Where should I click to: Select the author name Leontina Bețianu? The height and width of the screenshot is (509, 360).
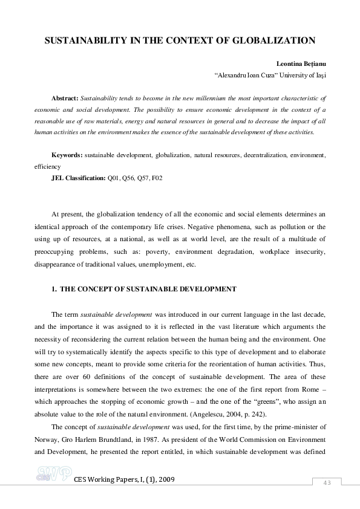pyautogui.click(x=301, y=62)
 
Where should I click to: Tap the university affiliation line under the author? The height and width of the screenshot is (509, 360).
pyautogui.click(x=270, y=76)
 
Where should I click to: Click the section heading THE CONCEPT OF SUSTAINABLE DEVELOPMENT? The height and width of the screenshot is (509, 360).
pyautogui.click(x=148, y=290)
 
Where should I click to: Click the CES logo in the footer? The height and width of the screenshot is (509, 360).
pyautogui.click(x=54, y=475)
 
